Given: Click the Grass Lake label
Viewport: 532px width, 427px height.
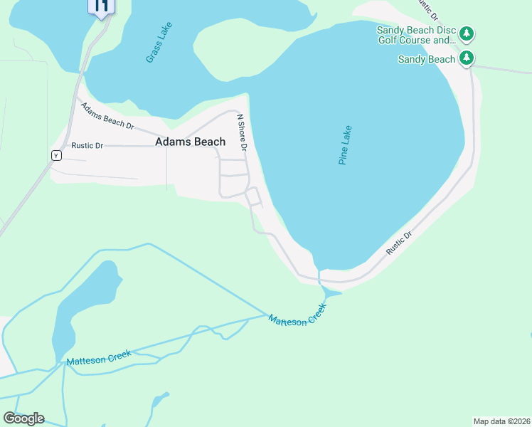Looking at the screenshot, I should [x=159, y=42].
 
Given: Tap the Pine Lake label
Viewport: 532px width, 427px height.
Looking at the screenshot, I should [x=345, y=146].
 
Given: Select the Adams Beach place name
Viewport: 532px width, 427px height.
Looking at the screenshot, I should [x=190, y=142].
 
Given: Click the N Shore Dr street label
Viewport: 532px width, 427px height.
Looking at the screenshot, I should [x=241, y=132].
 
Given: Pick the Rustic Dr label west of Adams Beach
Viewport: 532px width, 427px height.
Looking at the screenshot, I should [x=87, y=146].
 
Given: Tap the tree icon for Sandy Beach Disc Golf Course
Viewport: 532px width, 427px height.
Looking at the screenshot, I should [x=467, y=33].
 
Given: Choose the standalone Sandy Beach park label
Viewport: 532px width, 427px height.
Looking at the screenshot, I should [x=426, y=60].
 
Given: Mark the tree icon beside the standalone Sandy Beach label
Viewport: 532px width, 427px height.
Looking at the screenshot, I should [x=467, y=58].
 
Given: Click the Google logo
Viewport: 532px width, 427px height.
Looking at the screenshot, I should [x=23, y=418].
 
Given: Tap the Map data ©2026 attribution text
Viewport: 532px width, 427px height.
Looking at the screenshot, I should [x=501, y=421].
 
